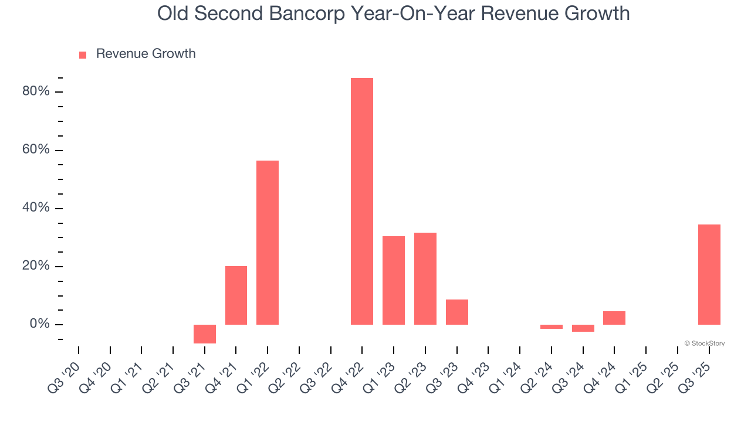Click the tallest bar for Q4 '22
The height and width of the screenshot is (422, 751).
[362, 201]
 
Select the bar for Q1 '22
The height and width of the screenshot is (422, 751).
[268, 242]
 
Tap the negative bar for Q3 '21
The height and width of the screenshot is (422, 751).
[205, 333]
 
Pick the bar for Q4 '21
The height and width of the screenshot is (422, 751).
[236, 295]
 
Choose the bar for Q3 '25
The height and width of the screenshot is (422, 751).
[709, 274]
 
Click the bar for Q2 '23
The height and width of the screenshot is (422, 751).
[425, 278]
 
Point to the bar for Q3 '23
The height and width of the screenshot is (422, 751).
[457, 312]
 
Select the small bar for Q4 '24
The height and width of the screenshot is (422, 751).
[614, 318]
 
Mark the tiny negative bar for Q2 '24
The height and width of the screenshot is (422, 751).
[552, 326]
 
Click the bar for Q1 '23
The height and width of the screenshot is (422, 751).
[394, 280]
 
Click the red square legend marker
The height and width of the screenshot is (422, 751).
[83, 55]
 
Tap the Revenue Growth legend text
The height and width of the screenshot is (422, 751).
[146, 54]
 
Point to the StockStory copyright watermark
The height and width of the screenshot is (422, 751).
[704, 343]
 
